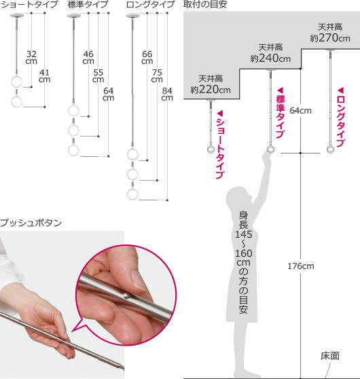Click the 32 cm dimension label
[x=31, y=58]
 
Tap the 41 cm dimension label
[x=44, y=76]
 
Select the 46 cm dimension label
[x=88, y=58]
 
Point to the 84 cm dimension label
[x=167, y=94]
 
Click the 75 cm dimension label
[x=157, y=76]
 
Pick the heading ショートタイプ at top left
[x=29, y=4]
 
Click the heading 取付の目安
[x=205, y=4]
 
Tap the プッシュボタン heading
[x=31, y=223]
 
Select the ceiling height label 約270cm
[x=330, y=38]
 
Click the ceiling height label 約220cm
[x=211, y=90]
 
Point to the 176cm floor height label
[x=301, y=266]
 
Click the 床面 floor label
[x=330, y=356]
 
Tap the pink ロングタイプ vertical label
[x=341, y=118]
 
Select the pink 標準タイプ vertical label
[x=281, y=113]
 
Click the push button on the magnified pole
[x=126, y=295]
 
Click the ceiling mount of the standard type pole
[x=270, y=71]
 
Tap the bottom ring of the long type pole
[x=132, y=194]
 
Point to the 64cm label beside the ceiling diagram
[x=300, y=111]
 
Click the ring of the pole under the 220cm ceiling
[x=211, y=149]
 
